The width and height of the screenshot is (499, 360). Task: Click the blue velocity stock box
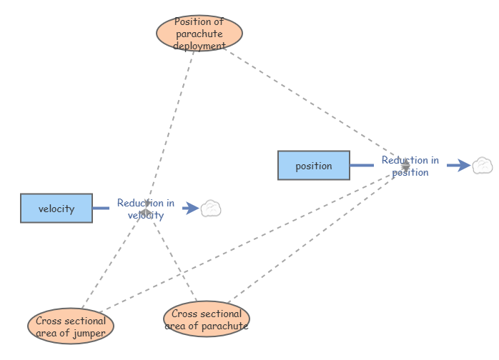(56, 209)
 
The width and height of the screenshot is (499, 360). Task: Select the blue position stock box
(314, 166)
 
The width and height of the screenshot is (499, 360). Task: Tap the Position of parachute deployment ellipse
(199, 33)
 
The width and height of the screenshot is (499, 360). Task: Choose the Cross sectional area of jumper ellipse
(71, 326)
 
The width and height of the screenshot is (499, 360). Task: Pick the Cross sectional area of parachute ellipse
(207, 319)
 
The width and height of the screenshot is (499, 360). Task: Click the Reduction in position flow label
(410, 166)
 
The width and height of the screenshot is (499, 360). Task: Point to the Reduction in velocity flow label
(146, 209)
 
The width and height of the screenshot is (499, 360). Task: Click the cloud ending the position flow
(483, 166)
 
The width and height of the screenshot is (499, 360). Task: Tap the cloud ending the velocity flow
(211, 209)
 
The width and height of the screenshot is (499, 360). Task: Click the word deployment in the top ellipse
(199, 46)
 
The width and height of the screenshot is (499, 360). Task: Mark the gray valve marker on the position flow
(405, 166)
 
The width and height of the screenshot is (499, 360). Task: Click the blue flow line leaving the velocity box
(102, 209)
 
